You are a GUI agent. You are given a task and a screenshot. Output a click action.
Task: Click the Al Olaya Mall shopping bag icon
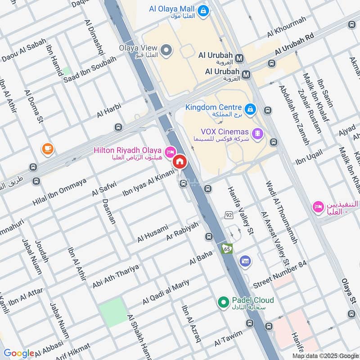[203, 9]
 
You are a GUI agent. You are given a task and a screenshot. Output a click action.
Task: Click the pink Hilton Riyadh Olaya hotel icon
[170, 151]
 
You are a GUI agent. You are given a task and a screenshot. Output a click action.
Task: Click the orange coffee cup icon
[47, 148]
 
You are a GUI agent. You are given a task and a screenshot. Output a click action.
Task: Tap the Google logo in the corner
[19, 353]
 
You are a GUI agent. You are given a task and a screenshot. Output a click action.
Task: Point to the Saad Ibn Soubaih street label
[90, 69]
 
